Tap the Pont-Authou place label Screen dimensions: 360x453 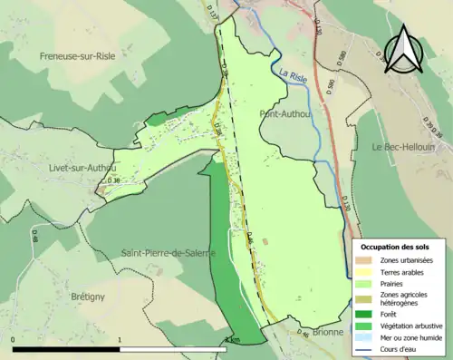pyautogui.click(x=285, y=114)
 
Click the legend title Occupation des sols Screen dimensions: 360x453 pyautogui.click(x=397, y=247)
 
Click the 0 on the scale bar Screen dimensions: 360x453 pyautogui.click(x=14, y=341)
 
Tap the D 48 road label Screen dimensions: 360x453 pyautogui.click(x=249, y=238)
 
